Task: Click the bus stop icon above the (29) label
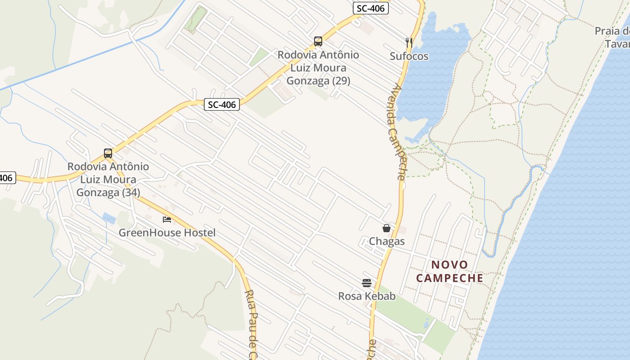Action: [x=318, y=41]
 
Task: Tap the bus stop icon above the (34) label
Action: [x=108, y=153]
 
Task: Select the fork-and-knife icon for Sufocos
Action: [x=409, y=43]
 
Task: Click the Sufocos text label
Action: [x=409, y=56]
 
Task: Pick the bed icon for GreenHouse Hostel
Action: [x=167, y=219]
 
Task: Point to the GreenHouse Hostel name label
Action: [x=167, y=233]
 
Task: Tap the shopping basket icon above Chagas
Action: [x=386, y=228]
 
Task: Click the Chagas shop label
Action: [x=387, y=242]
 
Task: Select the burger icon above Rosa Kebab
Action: [x=367, y=283]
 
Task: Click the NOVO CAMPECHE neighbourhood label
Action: [x=450, y=271]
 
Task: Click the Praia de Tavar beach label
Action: [x=613, y=37]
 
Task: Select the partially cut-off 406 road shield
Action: [x=6, y=178]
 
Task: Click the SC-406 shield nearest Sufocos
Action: [x=370, y=8]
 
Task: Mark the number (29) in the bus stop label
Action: [x=340, y=81]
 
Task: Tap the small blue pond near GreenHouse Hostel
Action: [x=109, y=218]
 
